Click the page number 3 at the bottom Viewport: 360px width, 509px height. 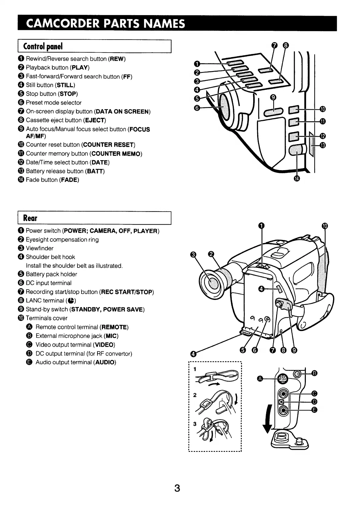[x=177, y=488]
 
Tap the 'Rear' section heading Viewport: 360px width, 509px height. [x=30, y=218]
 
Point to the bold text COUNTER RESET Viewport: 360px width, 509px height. [x=108, y=145]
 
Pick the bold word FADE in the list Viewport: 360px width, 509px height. [x=69, y=180]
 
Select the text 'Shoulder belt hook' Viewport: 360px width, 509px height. [x=50, y=257]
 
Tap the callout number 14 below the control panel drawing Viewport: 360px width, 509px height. [x=297, y=179]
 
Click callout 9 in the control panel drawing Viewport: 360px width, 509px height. [x=273, y=97]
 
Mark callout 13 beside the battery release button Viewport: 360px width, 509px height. [x=322, y=145]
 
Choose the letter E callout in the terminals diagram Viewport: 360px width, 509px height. [x=314, y=410]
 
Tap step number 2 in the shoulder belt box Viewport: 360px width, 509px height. [x=195, y=395]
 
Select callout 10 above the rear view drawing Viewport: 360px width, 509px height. [x=325, y=226]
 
